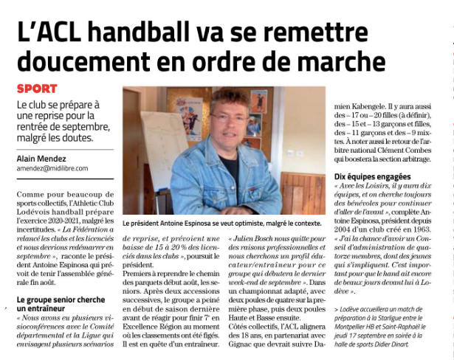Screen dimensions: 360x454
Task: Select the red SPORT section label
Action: (36, 89)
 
